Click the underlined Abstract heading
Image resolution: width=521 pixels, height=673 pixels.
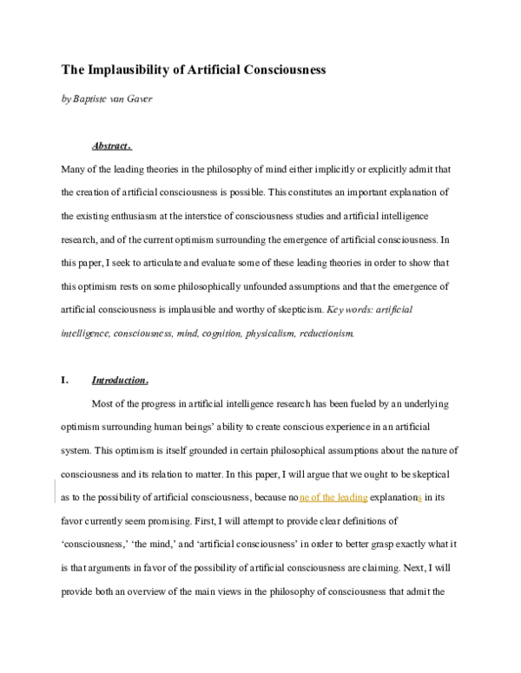pos(111,146)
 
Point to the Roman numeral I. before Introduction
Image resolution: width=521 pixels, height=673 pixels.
pos(64,380)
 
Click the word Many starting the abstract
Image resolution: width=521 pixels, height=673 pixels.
pos(75,169)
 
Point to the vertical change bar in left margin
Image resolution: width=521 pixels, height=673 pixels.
pos(55,490)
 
